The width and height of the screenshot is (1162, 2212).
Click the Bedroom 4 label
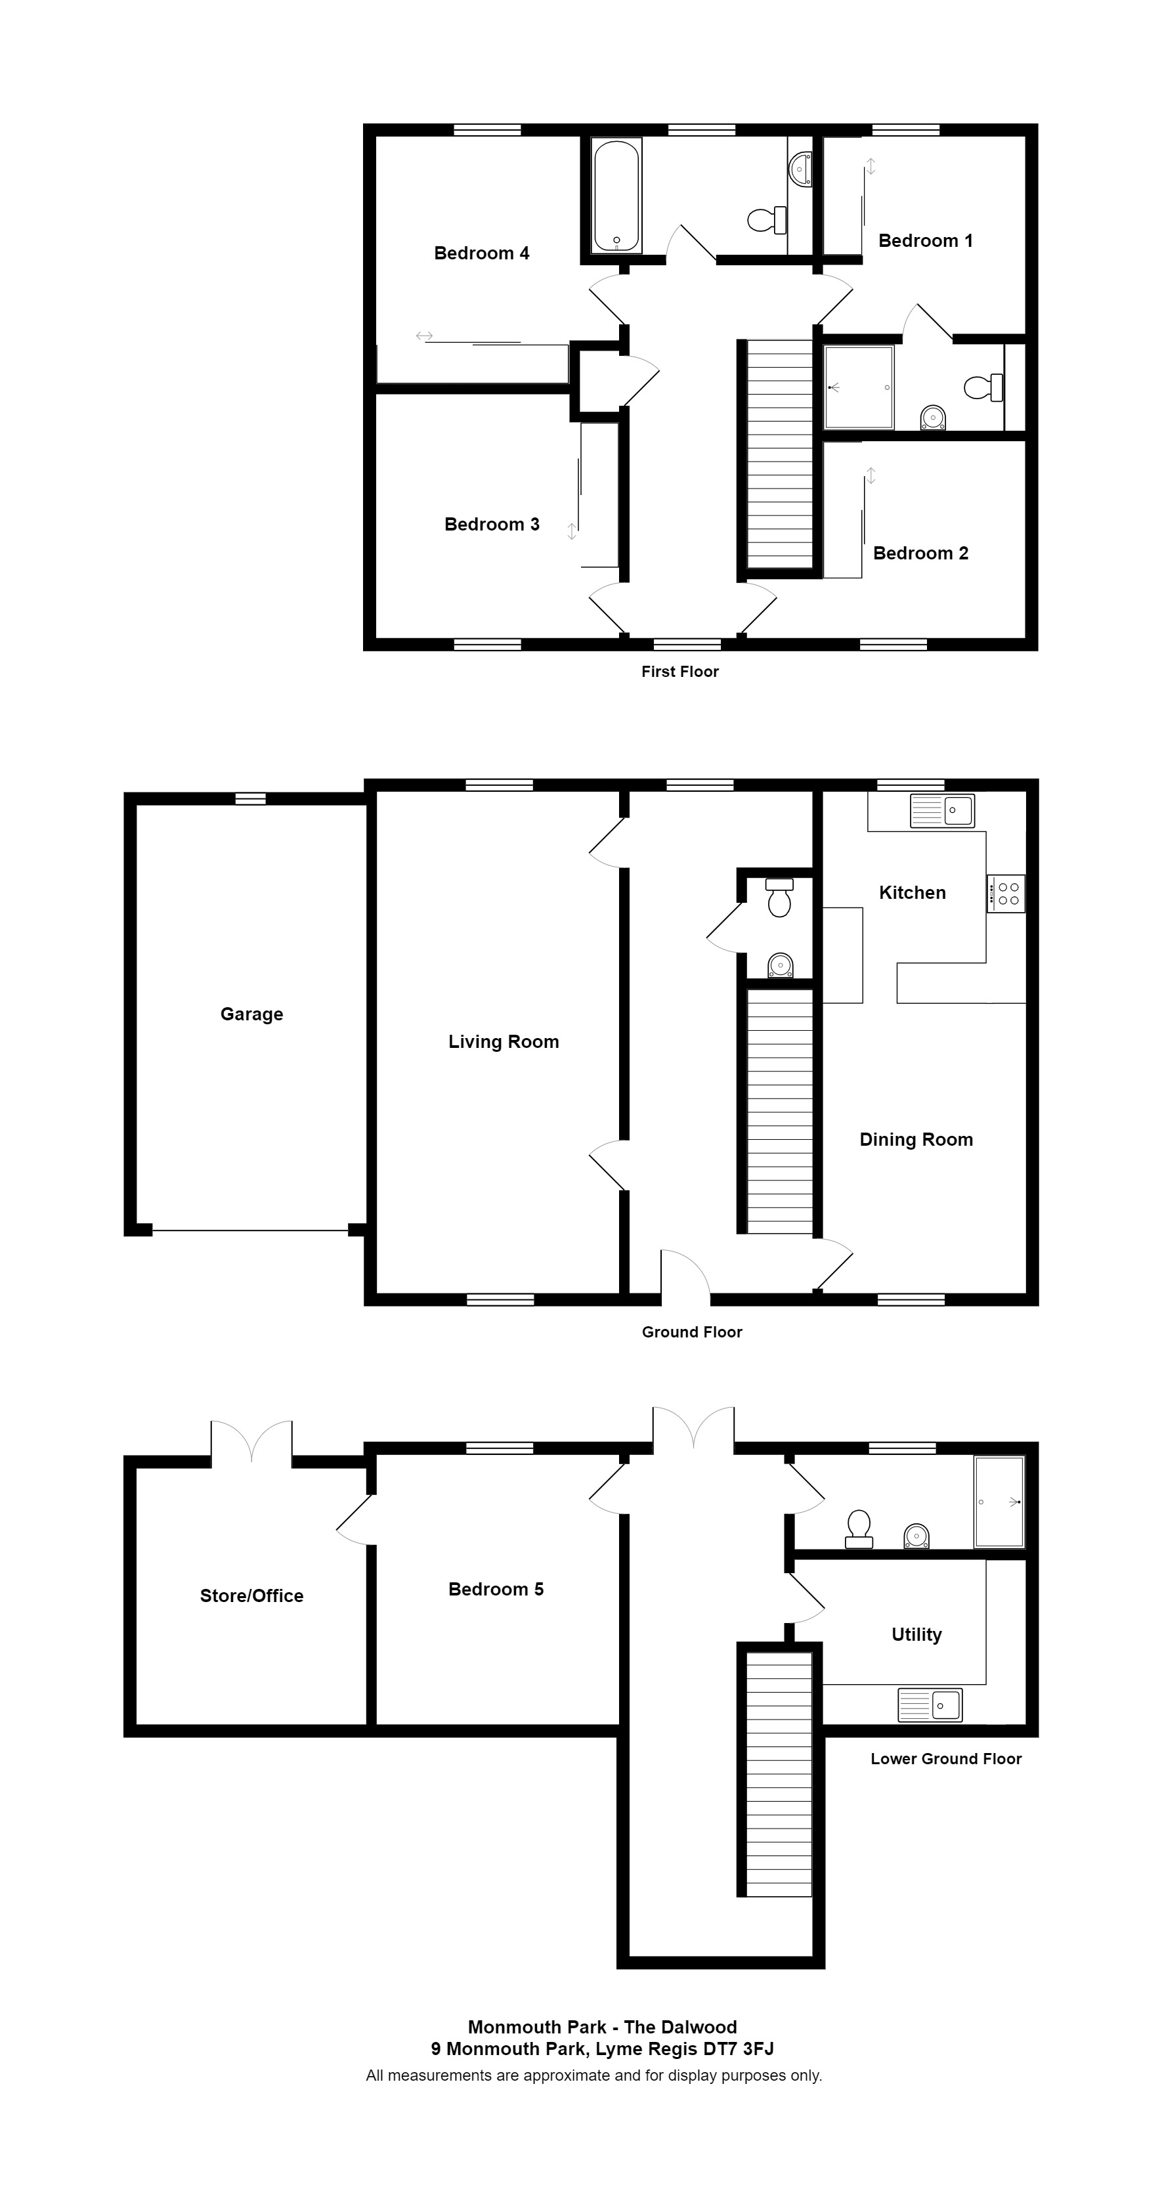click(x=481, y=253)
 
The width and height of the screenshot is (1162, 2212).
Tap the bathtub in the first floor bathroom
click(x=616, y=196)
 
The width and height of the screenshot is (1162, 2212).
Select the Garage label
click(x=251, y=1014)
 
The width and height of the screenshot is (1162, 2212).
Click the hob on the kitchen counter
click(x=1005, y=893)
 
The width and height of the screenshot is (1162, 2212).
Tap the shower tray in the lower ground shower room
click(x=999, y=1502)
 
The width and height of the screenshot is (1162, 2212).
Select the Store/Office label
click(x=251, y=1595)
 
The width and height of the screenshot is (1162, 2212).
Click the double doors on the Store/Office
click(x=251, y=1442)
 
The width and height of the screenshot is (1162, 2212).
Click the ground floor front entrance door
click(x=685, y=1276)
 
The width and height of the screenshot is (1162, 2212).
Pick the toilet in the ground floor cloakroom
click(x=779, y=898)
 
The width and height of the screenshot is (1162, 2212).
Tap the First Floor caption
click(x=679, y=672)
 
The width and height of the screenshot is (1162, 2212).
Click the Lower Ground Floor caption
click(x=945, y=1758)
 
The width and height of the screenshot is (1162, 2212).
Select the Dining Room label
click(x=916, y=1140)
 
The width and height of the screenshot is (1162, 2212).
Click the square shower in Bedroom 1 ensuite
click(x=858, y=387)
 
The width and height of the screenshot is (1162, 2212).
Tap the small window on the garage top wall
click(x=251, y=798)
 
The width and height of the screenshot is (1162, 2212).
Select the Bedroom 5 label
click(x=496, y=1590)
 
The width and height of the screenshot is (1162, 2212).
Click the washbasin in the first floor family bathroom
click(x=800, y=168)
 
